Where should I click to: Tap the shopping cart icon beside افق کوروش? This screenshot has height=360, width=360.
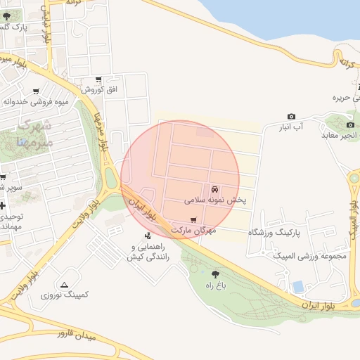pos(98,79)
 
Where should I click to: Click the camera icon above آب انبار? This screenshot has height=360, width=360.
pos(291,117)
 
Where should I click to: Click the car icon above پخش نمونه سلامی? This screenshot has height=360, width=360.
pos(214,190)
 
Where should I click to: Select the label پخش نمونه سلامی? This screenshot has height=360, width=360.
pos(216,200)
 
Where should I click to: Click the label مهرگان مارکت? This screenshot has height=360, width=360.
pos(192,230)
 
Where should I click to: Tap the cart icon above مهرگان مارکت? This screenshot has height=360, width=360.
pos(193,220)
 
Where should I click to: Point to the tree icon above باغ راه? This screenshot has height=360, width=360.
pos(214,274)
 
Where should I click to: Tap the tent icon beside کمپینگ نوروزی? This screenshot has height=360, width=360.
pos(65,285)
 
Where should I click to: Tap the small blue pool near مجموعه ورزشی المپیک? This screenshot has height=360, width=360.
pos(298,286)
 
